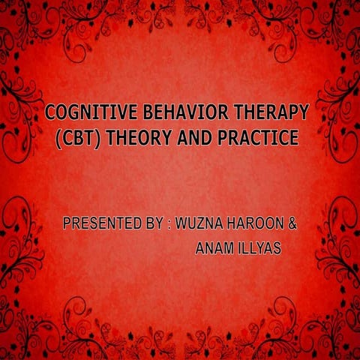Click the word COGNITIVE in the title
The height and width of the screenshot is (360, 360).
84,113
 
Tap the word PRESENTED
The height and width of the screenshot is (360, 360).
99,224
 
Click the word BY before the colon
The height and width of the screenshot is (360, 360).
149,224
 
